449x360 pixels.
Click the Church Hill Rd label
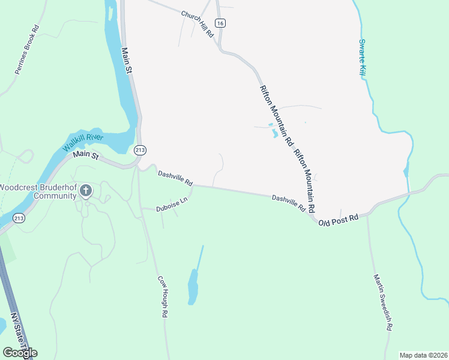197,23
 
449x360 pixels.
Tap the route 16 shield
221,23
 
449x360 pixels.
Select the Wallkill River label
83,143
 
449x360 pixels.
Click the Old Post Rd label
339,220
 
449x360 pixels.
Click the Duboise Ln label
172,205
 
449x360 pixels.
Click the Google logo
20,352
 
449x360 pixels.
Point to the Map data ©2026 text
423,355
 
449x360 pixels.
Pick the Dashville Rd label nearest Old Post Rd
289,203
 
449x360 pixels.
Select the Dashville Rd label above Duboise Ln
175,178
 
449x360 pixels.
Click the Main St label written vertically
127,61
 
